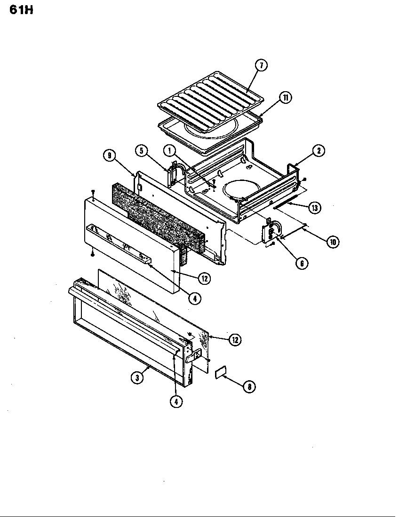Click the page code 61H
21,10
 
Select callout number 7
262,65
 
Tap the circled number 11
285,97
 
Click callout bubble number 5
141,151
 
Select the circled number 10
333,242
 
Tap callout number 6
302,263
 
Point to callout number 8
249,386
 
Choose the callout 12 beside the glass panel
235,339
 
